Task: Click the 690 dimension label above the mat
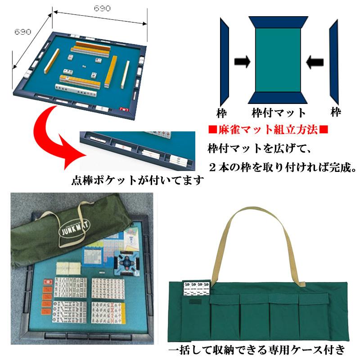click(100, 8)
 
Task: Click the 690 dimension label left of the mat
click(23, 32)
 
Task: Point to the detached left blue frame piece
click(225, 63)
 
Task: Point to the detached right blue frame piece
click(333, 63)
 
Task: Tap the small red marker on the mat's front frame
click(124, 109)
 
